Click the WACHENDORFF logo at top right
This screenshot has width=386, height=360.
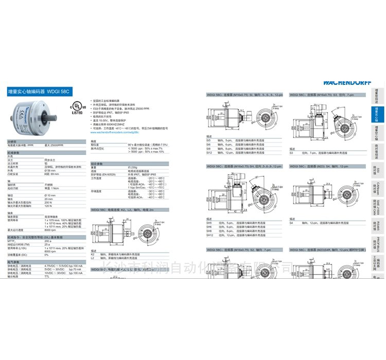tap(346, 81)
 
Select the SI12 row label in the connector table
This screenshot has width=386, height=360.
tap(209, 153)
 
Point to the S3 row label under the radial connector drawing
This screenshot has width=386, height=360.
tap(291, 153)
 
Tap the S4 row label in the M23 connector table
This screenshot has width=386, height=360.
tap(291, 223)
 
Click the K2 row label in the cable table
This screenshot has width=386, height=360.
tap(93, 254)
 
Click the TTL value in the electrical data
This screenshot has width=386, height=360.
tap(47, 276)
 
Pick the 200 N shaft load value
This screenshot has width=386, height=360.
tap(48, 202)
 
